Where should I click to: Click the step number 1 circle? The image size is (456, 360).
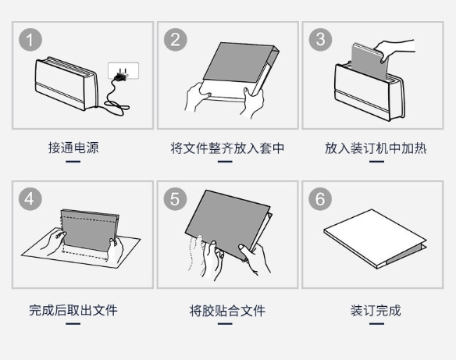click(30, 40)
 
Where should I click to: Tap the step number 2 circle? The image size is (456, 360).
click(176, 40)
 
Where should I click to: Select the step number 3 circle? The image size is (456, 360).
click(320, 40)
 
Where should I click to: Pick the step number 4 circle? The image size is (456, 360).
click(30, 199)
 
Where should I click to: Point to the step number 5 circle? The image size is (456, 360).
click(175, 199)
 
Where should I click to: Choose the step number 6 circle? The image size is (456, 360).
click(320, 199)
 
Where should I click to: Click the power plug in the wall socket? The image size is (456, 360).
click(121, 76)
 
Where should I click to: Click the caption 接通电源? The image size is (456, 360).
click(73, 148)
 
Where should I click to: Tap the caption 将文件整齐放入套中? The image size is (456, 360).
click(227, 148)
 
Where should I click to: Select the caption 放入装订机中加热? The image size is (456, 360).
click(376, 148)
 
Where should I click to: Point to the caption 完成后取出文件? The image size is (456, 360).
click(73, 310)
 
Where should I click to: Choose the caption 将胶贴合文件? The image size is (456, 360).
click(227, 311)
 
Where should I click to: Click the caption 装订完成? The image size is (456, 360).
click(376, 310)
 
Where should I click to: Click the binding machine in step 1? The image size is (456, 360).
click(66, 83)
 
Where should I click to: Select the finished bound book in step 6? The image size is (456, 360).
click(375, 238)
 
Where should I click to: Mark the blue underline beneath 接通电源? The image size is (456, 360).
click(73, 162)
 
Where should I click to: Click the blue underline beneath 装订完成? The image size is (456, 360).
click(377, 323)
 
